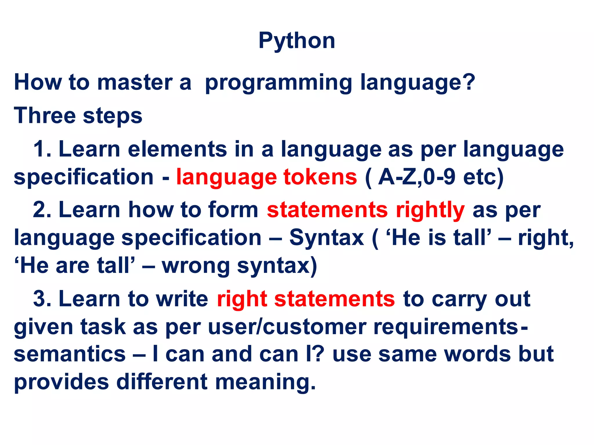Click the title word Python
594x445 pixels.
[297, 41]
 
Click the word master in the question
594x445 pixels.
[135, 83]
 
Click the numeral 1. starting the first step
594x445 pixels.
[42, 149]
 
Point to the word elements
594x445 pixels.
[177, 149]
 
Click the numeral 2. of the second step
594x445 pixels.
[42, 210]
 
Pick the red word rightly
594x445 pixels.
[430, 210]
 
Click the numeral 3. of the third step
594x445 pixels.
[42, 299]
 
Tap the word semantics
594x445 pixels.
[70, 355]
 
